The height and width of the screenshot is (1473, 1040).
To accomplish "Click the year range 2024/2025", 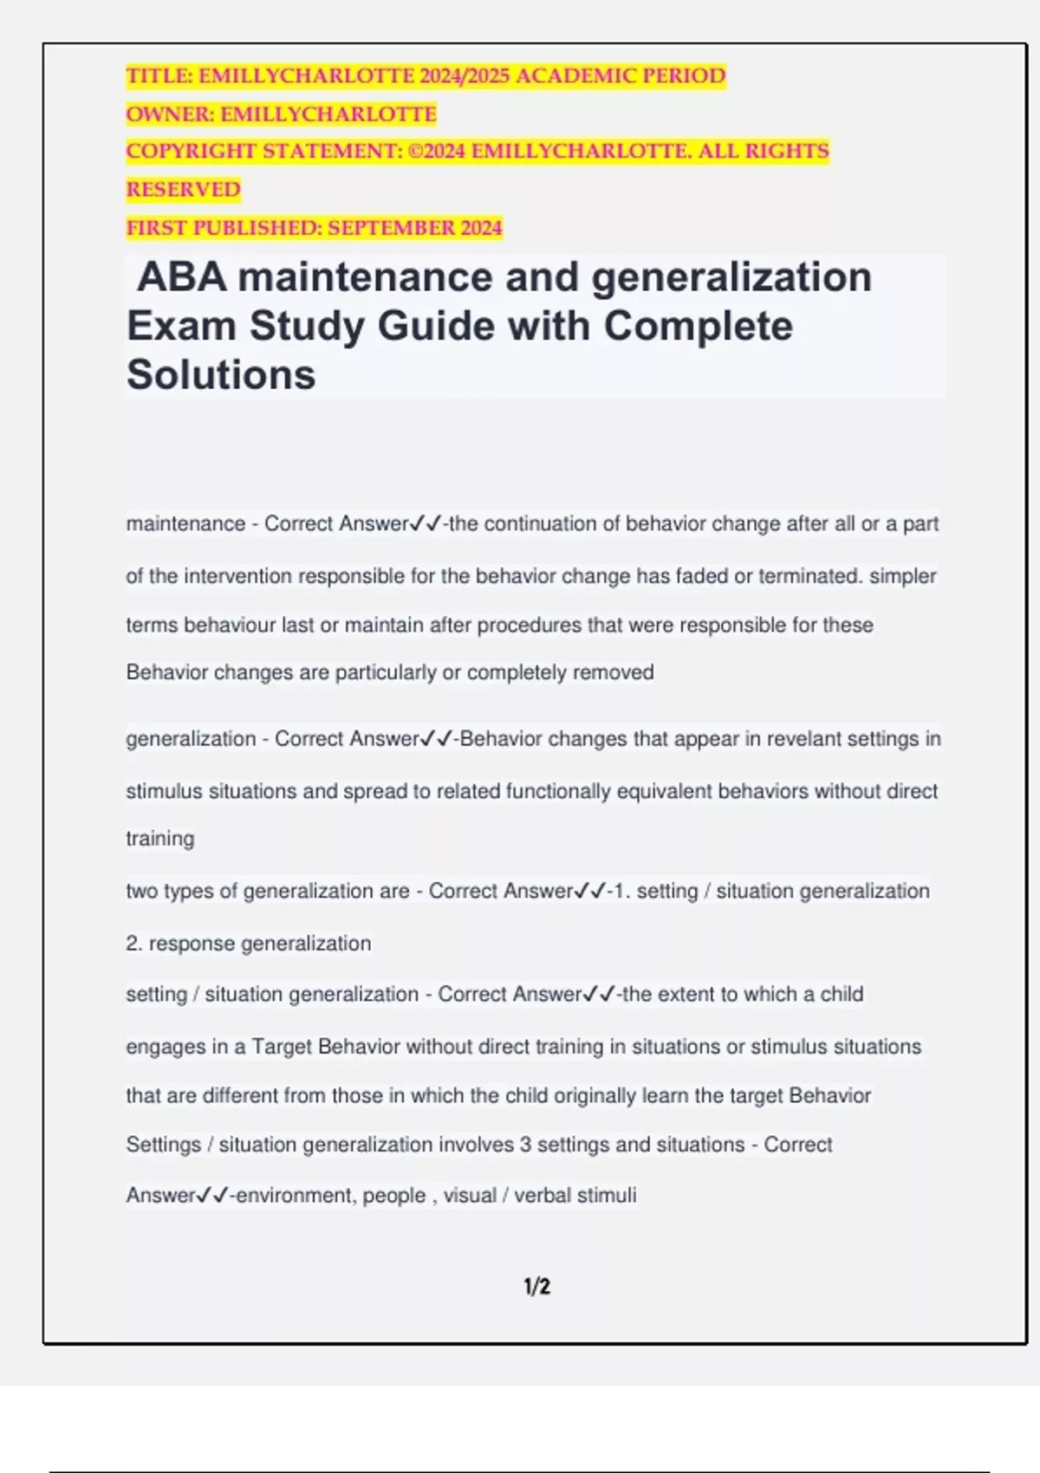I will click(465, 76).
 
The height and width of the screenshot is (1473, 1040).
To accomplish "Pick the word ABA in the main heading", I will click(182, 278).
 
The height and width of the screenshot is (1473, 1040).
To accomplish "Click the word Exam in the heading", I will click(181, 327).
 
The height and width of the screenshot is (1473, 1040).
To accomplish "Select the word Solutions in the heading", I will click(221, 375).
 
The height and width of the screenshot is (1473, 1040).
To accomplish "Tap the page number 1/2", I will click(536, 1287).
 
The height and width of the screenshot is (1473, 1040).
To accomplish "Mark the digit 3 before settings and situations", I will click(525, 1145).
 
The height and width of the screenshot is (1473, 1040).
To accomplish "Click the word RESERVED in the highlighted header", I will click(183, 190).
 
